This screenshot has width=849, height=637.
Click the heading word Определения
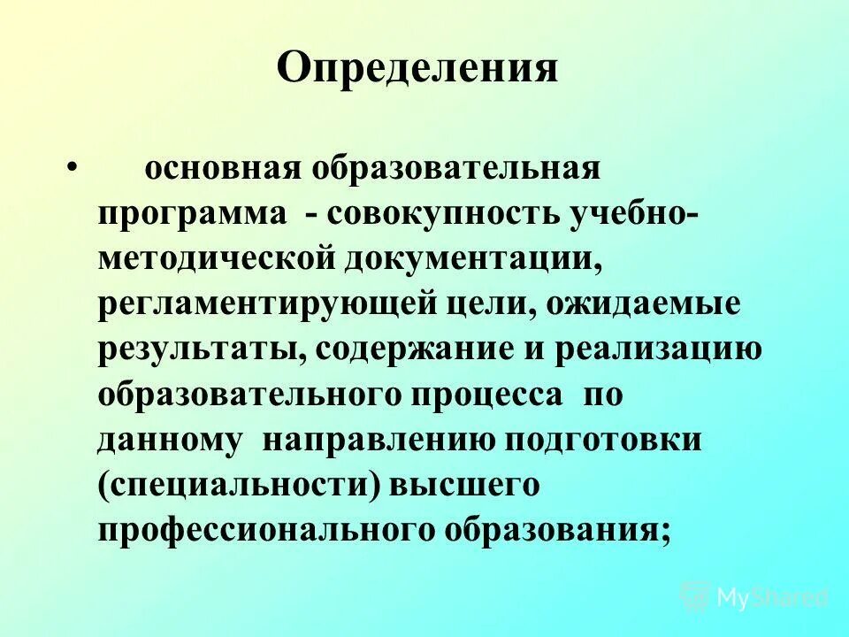[417, 69]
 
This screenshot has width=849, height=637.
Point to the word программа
[193, 215]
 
